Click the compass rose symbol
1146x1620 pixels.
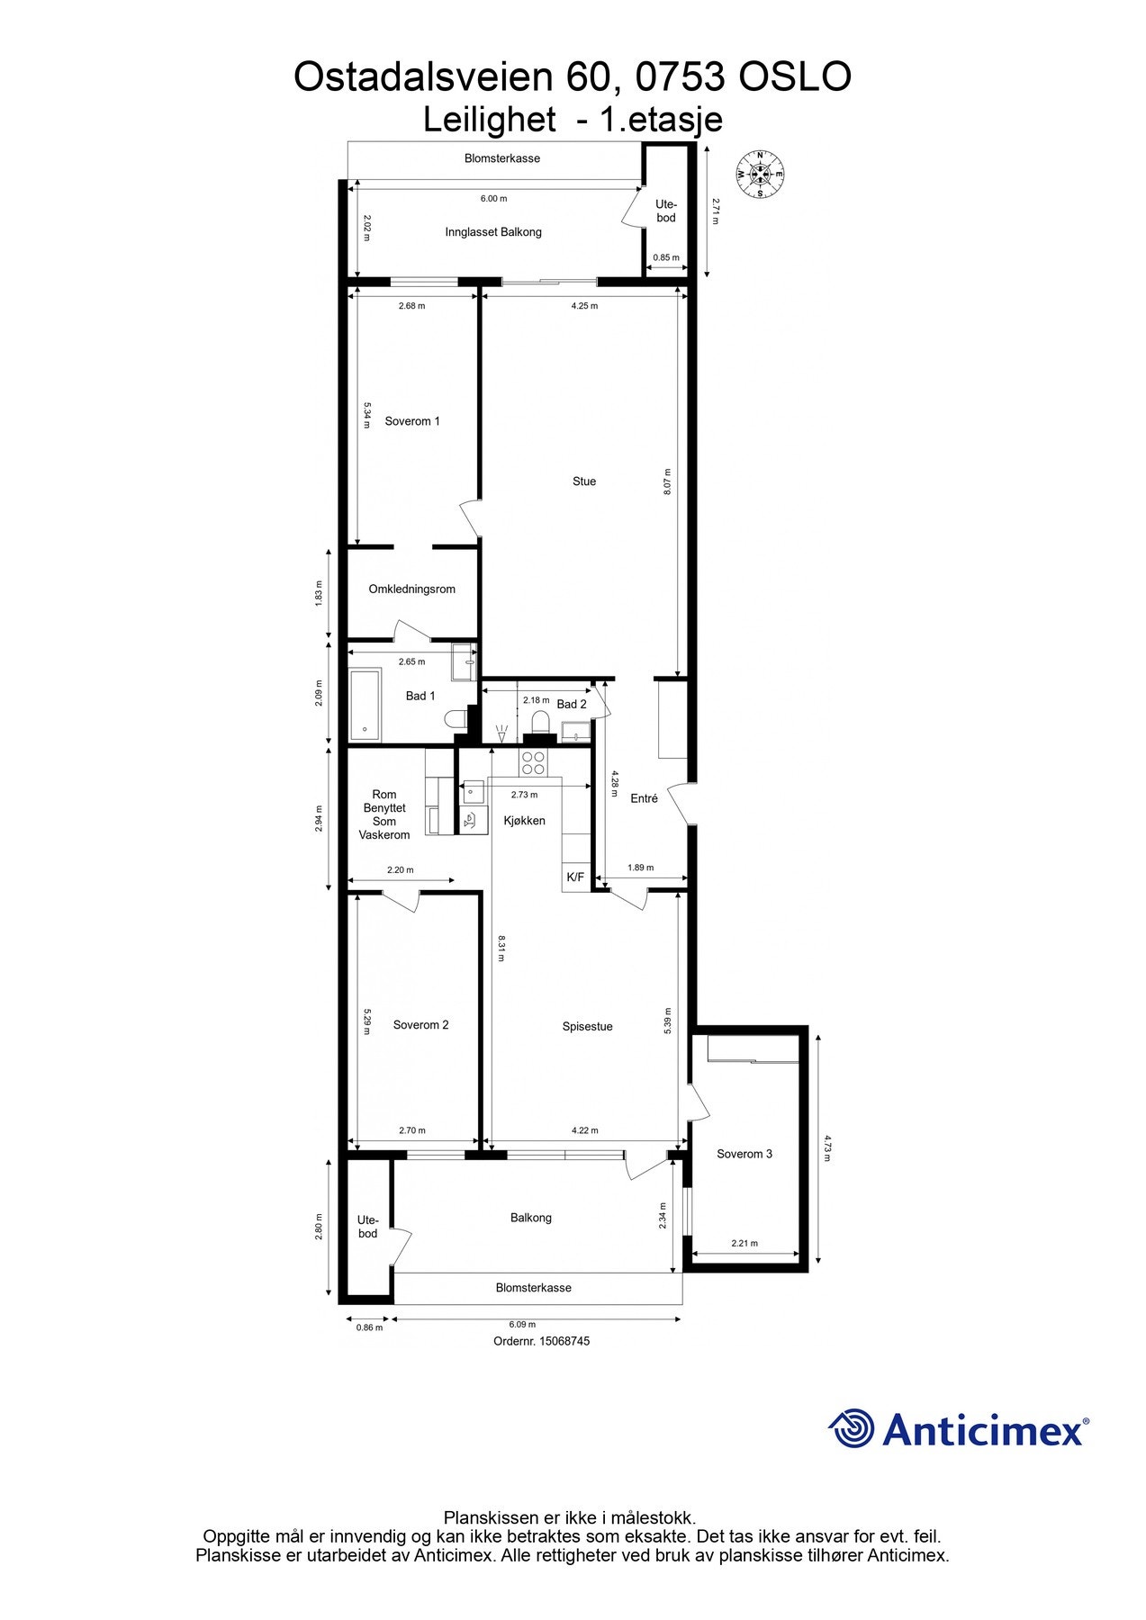click(x=760, y=174)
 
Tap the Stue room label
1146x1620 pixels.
click(x=584, y=481)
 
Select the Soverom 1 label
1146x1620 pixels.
click(x=412, y=421)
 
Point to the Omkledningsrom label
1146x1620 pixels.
click(x=412, y=589)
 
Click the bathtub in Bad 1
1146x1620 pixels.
click(x=365, y=705)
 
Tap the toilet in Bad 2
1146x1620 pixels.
click(x=540, y=722)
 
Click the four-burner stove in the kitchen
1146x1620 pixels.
click(x=533, y=762)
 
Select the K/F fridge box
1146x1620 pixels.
click(x=574, y=877)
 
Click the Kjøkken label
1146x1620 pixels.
click(x=524, y=820)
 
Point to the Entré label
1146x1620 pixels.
click(x=644, y=798)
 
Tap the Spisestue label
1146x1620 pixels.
click(x=587, y=1026)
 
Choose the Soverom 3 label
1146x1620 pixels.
click(x=744, y=1154)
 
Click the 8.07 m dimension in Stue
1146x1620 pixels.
click(x=667, y=481)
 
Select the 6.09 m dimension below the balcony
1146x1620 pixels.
click(x=522, y=1324)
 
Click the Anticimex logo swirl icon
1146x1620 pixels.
click(x=852, y=1428)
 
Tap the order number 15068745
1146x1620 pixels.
click(x=564, y=1341)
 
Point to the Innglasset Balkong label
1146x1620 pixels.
click(x=493, y=232)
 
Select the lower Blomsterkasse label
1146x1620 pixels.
click(x=534, y=1288)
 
